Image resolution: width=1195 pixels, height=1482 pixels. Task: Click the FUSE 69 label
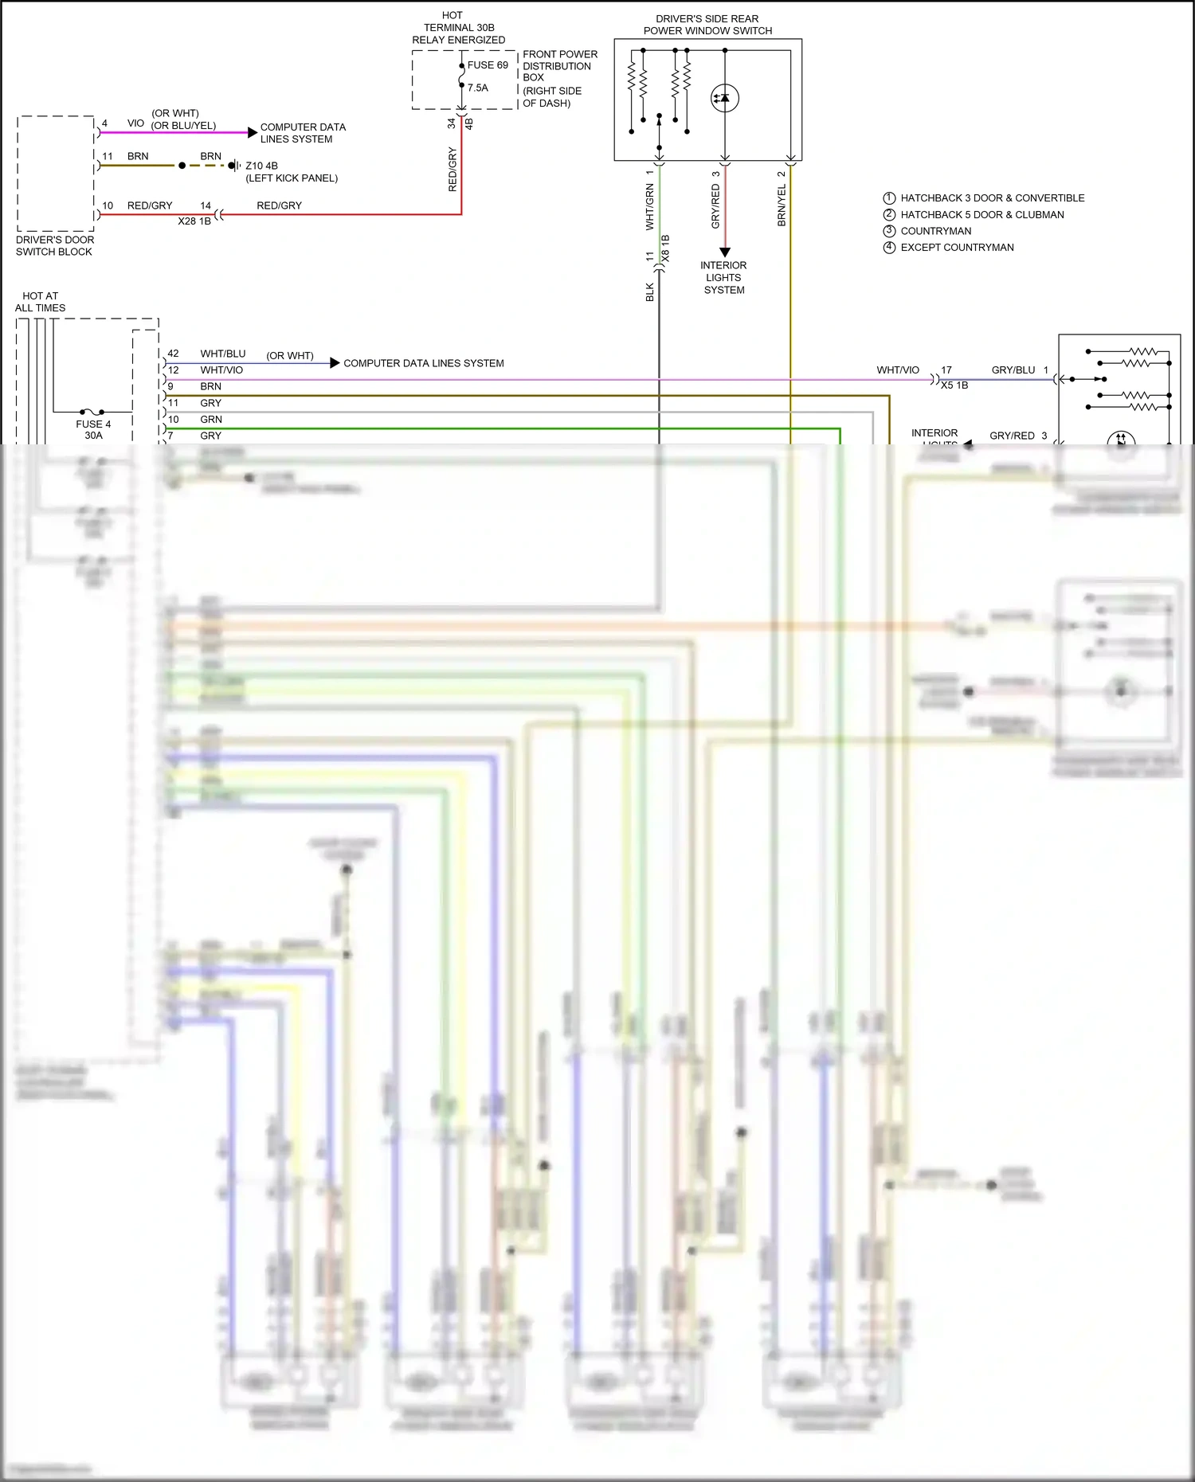(487, 65)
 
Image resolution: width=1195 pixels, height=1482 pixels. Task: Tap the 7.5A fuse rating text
(478, 88)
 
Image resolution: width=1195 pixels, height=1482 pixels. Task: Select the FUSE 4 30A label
(93, 430)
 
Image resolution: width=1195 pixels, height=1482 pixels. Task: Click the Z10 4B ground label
(261, 166)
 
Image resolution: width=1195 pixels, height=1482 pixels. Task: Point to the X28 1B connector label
(194, 221)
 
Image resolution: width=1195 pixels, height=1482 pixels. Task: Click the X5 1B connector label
(954, 385)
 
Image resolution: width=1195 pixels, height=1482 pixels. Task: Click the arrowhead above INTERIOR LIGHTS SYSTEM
(725, 252)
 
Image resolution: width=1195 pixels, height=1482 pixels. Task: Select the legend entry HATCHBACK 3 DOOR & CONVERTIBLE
(992, 198)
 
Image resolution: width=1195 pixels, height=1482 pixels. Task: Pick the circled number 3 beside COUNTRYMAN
(889, 231)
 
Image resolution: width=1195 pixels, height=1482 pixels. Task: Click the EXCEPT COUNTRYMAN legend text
(957, 248)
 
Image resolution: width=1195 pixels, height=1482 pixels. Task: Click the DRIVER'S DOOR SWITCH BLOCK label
(54, 245)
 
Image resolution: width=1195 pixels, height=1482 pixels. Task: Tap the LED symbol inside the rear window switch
(725, 98)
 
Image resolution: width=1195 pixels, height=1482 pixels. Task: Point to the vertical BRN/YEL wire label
(782, 205)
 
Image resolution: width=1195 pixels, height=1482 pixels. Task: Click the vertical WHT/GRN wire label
(649, 207)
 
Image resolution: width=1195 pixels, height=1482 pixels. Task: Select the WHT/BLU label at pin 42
(223, 354)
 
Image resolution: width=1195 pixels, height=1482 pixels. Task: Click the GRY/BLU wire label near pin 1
(1013, 370)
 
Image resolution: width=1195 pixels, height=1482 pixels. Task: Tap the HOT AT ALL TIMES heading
(40, 302)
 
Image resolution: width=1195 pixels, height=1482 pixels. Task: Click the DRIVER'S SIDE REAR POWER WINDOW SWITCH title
(707, 25)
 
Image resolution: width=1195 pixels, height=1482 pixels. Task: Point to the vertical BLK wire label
(649, 292)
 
